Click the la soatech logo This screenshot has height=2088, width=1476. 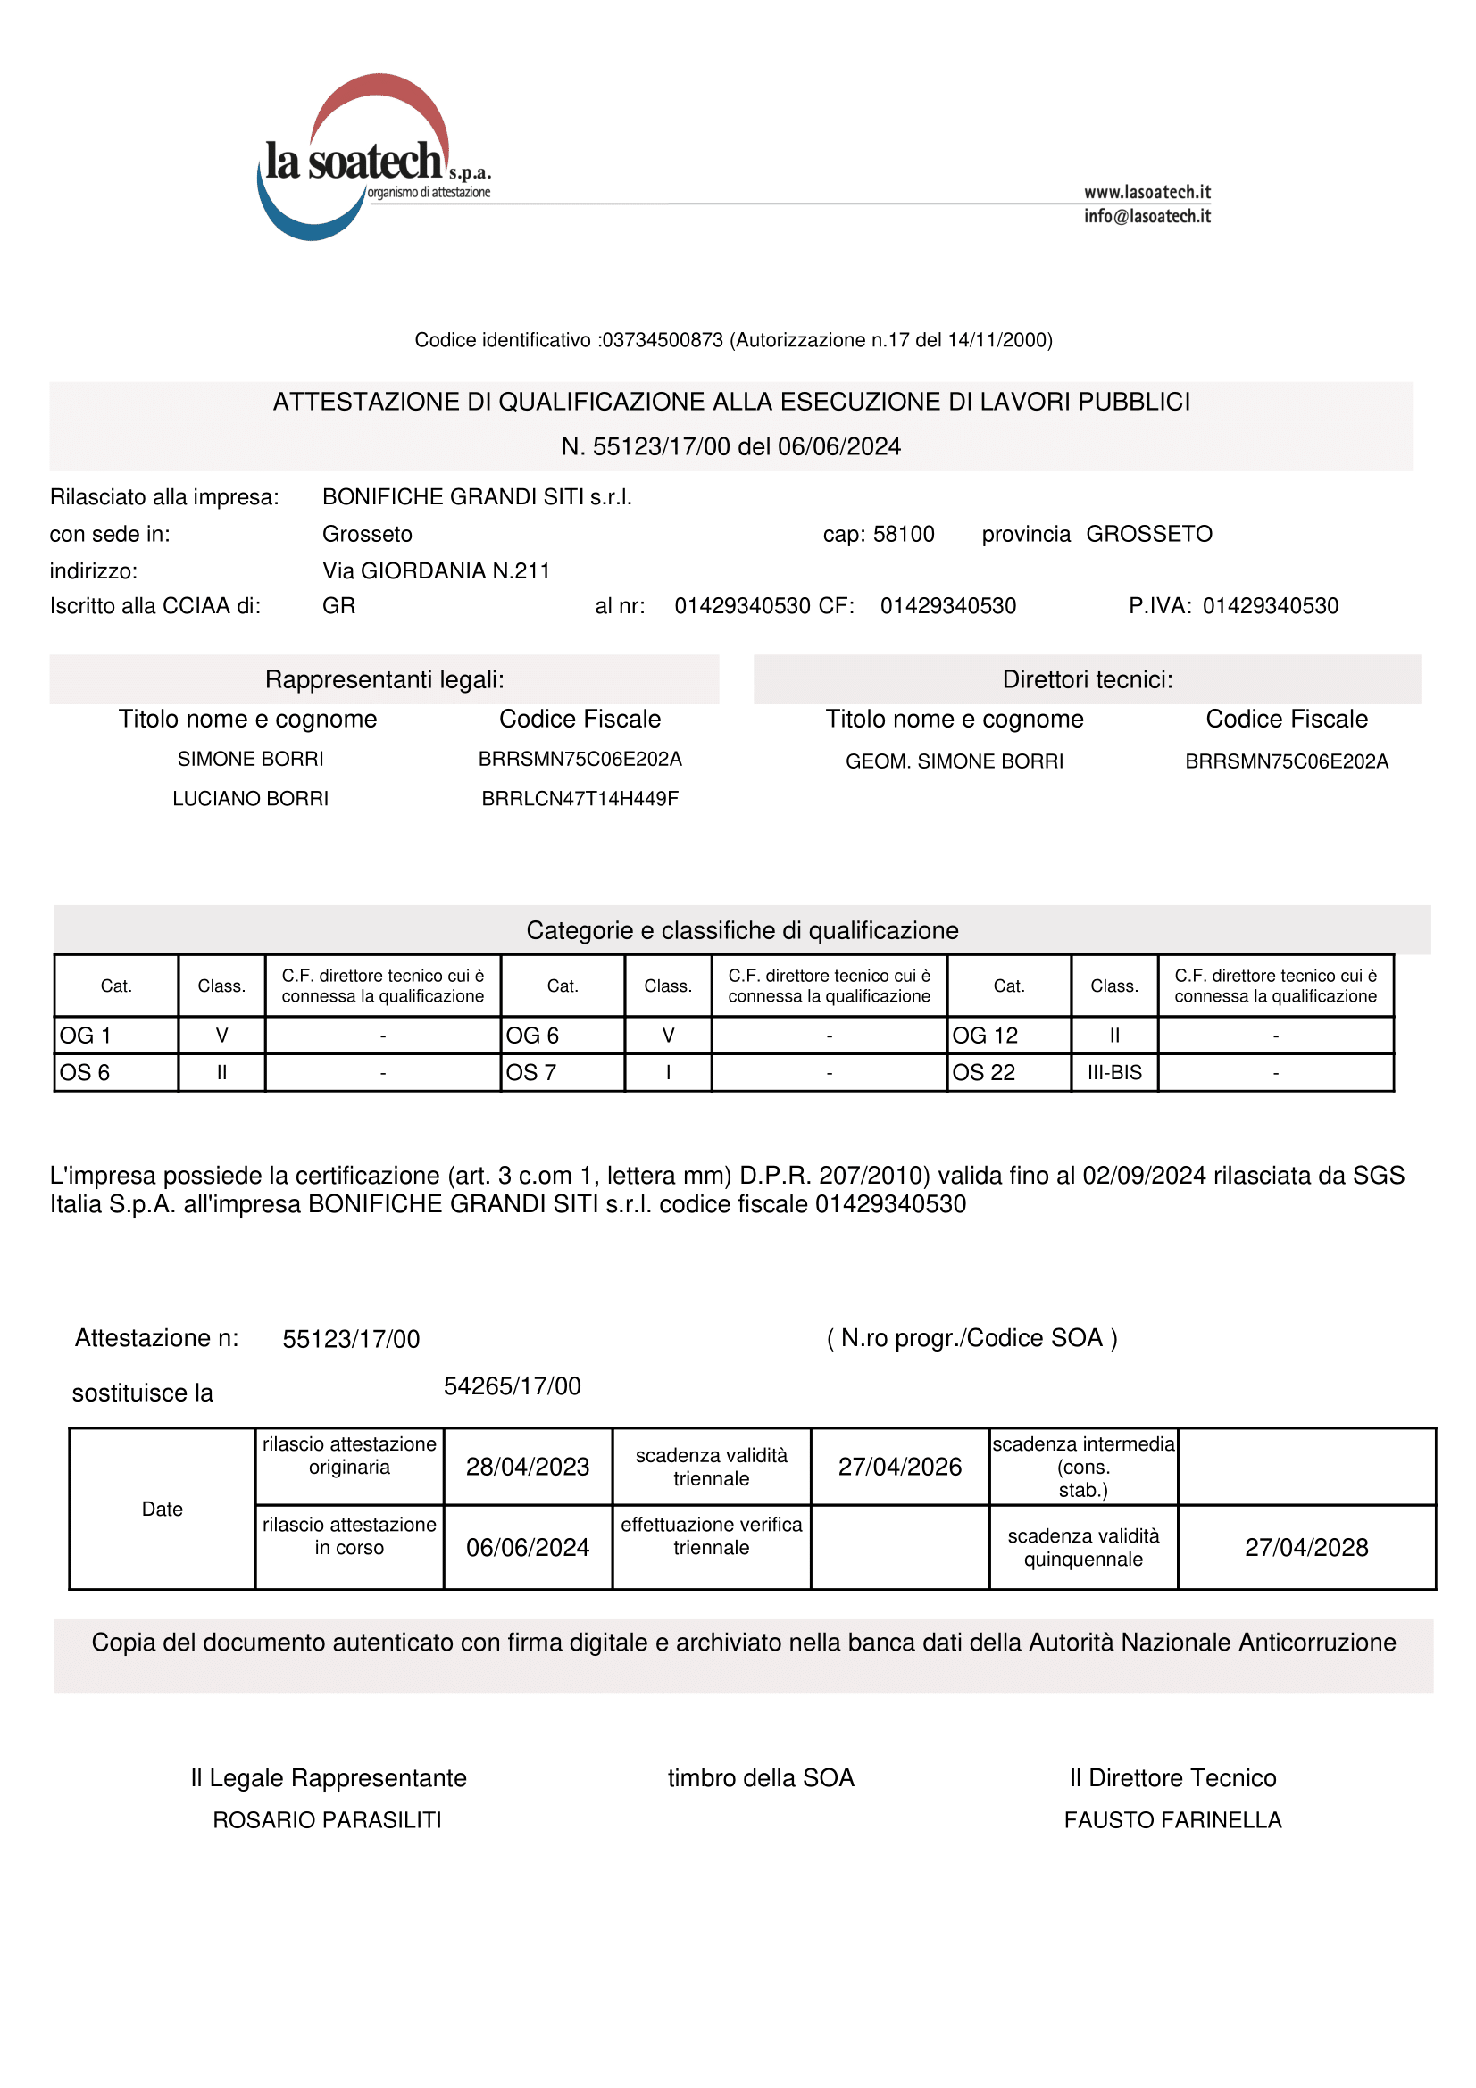tap(363, 159)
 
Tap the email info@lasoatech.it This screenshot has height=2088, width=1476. tap(1147, 216)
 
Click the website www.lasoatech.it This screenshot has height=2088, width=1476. tap(1147, 192)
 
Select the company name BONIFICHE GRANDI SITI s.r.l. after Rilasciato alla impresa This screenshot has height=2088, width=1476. tap(477, 496)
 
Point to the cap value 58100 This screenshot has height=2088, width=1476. tap(903, 534)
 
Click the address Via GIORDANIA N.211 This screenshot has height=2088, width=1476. tap(436, 570)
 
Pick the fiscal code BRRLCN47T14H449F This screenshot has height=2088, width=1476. tap(580, 798)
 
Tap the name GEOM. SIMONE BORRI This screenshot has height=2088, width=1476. tap(954, 761)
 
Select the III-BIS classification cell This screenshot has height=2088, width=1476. tap(1114, 1072)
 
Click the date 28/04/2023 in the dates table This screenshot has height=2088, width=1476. tap(528, 1467)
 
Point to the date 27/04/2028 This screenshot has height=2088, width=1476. tap(1306, 1547)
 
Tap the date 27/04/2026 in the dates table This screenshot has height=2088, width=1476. tap(899, 1467)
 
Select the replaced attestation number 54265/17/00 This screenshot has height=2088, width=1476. tap(512, 1386)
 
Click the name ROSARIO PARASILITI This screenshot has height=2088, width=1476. tap(328, 1819)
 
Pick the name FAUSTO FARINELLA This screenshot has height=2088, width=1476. tap(1172, 1819)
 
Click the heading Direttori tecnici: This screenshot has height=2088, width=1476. tap(1087, 679)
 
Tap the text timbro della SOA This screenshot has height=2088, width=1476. tap(761, 1778)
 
